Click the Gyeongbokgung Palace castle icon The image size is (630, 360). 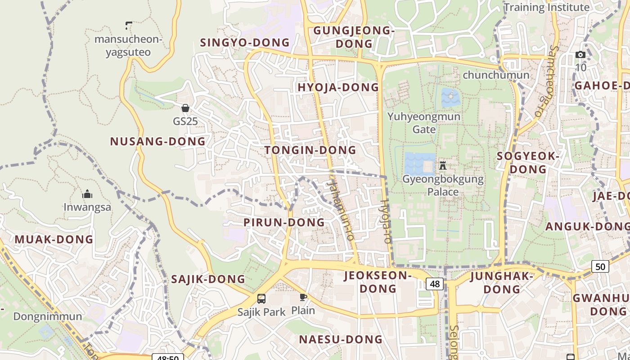tap(443, 165)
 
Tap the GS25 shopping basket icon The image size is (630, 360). tap(185, 108)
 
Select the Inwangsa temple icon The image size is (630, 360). tap(87, 194)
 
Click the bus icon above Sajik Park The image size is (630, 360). tap(261, 298)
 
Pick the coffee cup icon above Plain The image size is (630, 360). tap(303, 297)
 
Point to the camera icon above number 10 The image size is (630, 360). tap(580, 55)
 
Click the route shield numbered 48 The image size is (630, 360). tap(435, 284)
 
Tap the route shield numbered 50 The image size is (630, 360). tap(600, 266)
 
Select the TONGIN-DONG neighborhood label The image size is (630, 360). tap(310, 150)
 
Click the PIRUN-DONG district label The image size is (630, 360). tap(284, 222)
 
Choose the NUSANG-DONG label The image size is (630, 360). tap(158, 141)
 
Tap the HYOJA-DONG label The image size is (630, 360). tap(338, 87)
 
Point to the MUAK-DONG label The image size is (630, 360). tap(54, 239)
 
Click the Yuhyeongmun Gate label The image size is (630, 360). tap(424, 123)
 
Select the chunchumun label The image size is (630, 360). tap(496, 75)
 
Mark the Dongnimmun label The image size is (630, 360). tap(48, 316)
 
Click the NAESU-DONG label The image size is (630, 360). tap(341, 339)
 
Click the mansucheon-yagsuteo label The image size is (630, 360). tap(128, 45)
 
